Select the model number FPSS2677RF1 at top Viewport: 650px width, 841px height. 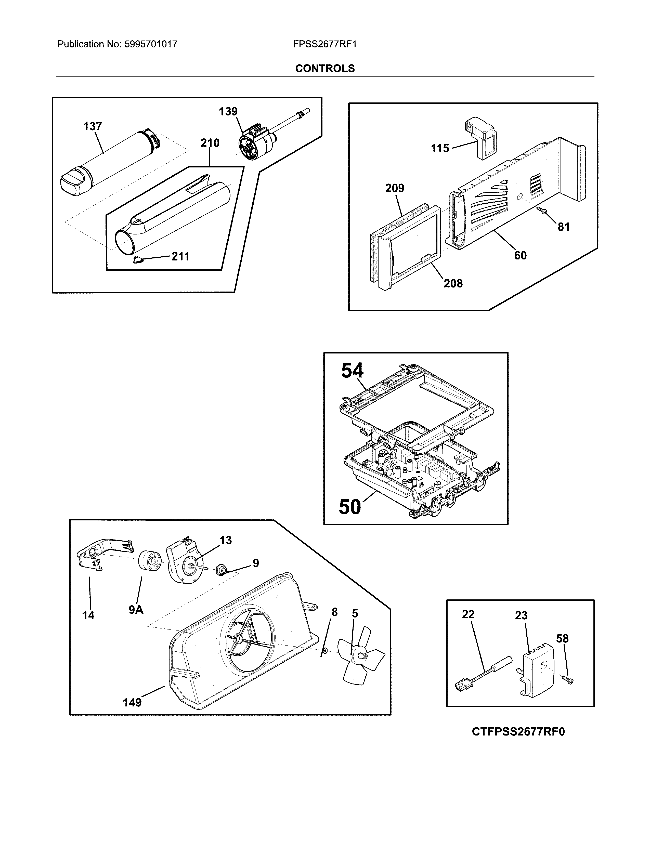[x=324, y=44]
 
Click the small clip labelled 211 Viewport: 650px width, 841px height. [x=137, y=260]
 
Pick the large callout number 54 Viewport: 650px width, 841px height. [x=352, y=371]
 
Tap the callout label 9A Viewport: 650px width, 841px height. [x=136, y=610]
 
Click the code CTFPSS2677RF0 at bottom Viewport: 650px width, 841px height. [x=518, y=732]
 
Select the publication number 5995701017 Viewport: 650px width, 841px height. [x=151, y=44]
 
